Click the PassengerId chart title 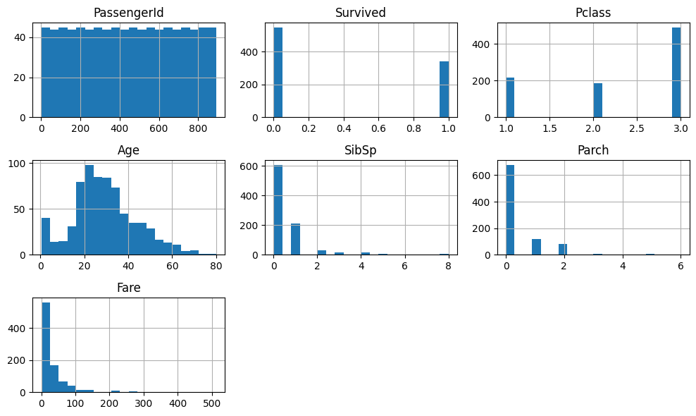pyautogui.click(x=129, y=13)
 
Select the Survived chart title pyautogui.click(x=361, y=13)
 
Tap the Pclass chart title pyautogui.click(x=593, y=13)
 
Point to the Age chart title pyautogui.click(x=129, y=150)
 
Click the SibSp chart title pyautogui.click(x=361, y=150)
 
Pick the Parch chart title pyautogui.click(x=593, y=150)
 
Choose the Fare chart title pyautogui.click(x=129, y=288)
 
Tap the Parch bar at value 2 pyautogui.click(x=563, y=249)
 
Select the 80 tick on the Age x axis pyautogui.click(x=216, y=267)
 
